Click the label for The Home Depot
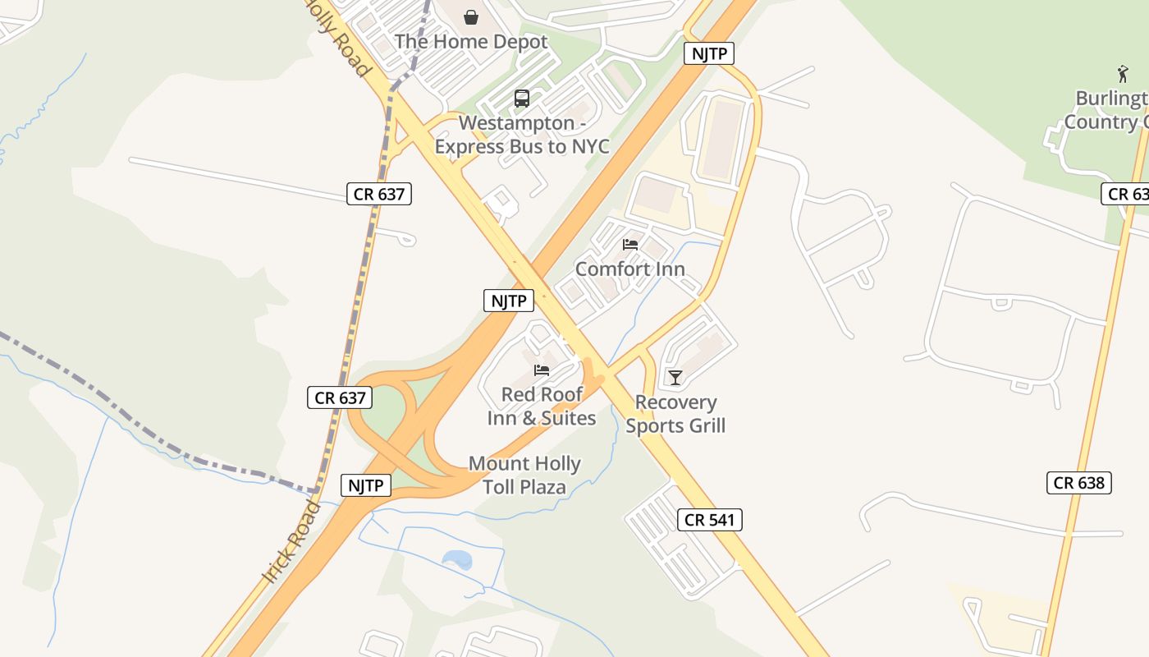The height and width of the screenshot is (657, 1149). (470, 41)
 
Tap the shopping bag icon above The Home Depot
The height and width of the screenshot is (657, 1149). (471, 16)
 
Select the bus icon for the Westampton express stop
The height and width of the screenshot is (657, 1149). (522, 99)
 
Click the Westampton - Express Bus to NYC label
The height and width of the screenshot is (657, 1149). (522, 135)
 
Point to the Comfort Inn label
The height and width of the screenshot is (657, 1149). (629, 269)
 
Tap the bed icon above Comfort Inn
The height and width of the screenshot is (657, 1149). (630, 245)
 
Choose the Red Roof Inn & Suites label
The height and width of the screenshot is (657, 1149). (542, 406)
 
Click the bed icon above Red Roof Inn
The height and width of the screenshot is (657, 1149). (542, 370)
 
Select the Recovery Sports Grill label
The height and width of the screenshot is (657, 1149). (675, 413)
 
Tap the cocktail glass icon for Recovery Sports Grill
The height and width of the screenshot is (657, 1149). (675, 377)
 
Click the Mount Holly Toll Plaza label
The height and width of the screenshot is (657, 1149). (524, 475)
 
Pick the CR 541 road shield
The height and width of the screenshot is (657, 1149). (710, 519)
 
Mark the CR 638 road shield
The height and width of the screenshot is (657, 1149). (1079, 482)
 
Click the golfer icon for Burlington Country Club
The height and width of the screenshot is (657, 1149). (1123, 74)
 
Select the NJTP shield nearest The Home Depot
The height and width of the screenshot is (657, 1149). (708, 54)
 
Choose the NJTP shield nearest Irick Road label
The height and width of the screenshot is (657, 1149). (365, 485)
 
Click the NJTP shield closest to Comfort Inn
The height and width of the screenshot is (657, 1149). (509, 301)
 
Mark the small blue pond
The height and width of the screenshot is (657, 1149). (457, 560)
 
